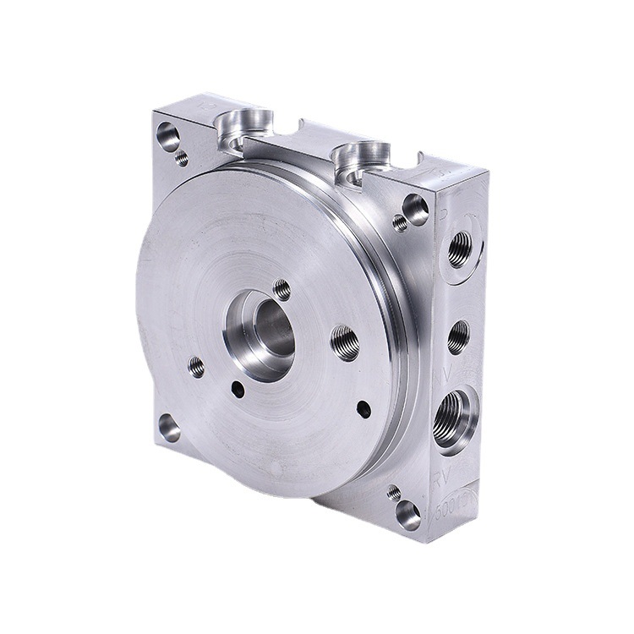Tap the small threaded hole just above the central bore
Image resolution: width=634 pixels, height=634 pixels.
(281, 290)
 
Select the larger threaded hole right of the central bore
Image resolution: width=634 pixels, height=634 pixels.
(345, 342)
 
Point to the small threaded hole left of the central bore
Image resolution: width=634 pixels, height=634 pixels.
(196, 366)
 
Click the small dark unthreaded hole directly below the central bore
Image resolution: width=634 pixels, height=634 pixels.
(238, 390)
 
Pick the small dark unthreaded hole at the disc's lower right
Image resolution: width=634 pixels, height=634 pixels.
(363, 409)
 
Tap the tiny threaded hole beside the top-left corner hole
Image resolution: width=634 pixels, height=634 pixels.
(181, 157)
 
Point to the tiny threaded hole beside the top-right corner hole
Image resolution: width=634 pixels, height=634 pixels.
(400, 223)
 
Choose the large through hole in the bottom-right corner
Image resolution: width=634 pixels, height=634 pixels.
(408, 513)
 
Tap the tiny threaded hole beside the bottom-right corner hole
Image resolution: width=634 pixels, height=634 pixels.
(394, 491)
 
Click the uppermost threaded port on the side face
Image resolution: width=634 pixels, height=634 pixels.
(460, 249)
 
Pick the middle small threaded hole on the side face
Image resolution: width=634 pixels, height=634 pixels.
(457, 336)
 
